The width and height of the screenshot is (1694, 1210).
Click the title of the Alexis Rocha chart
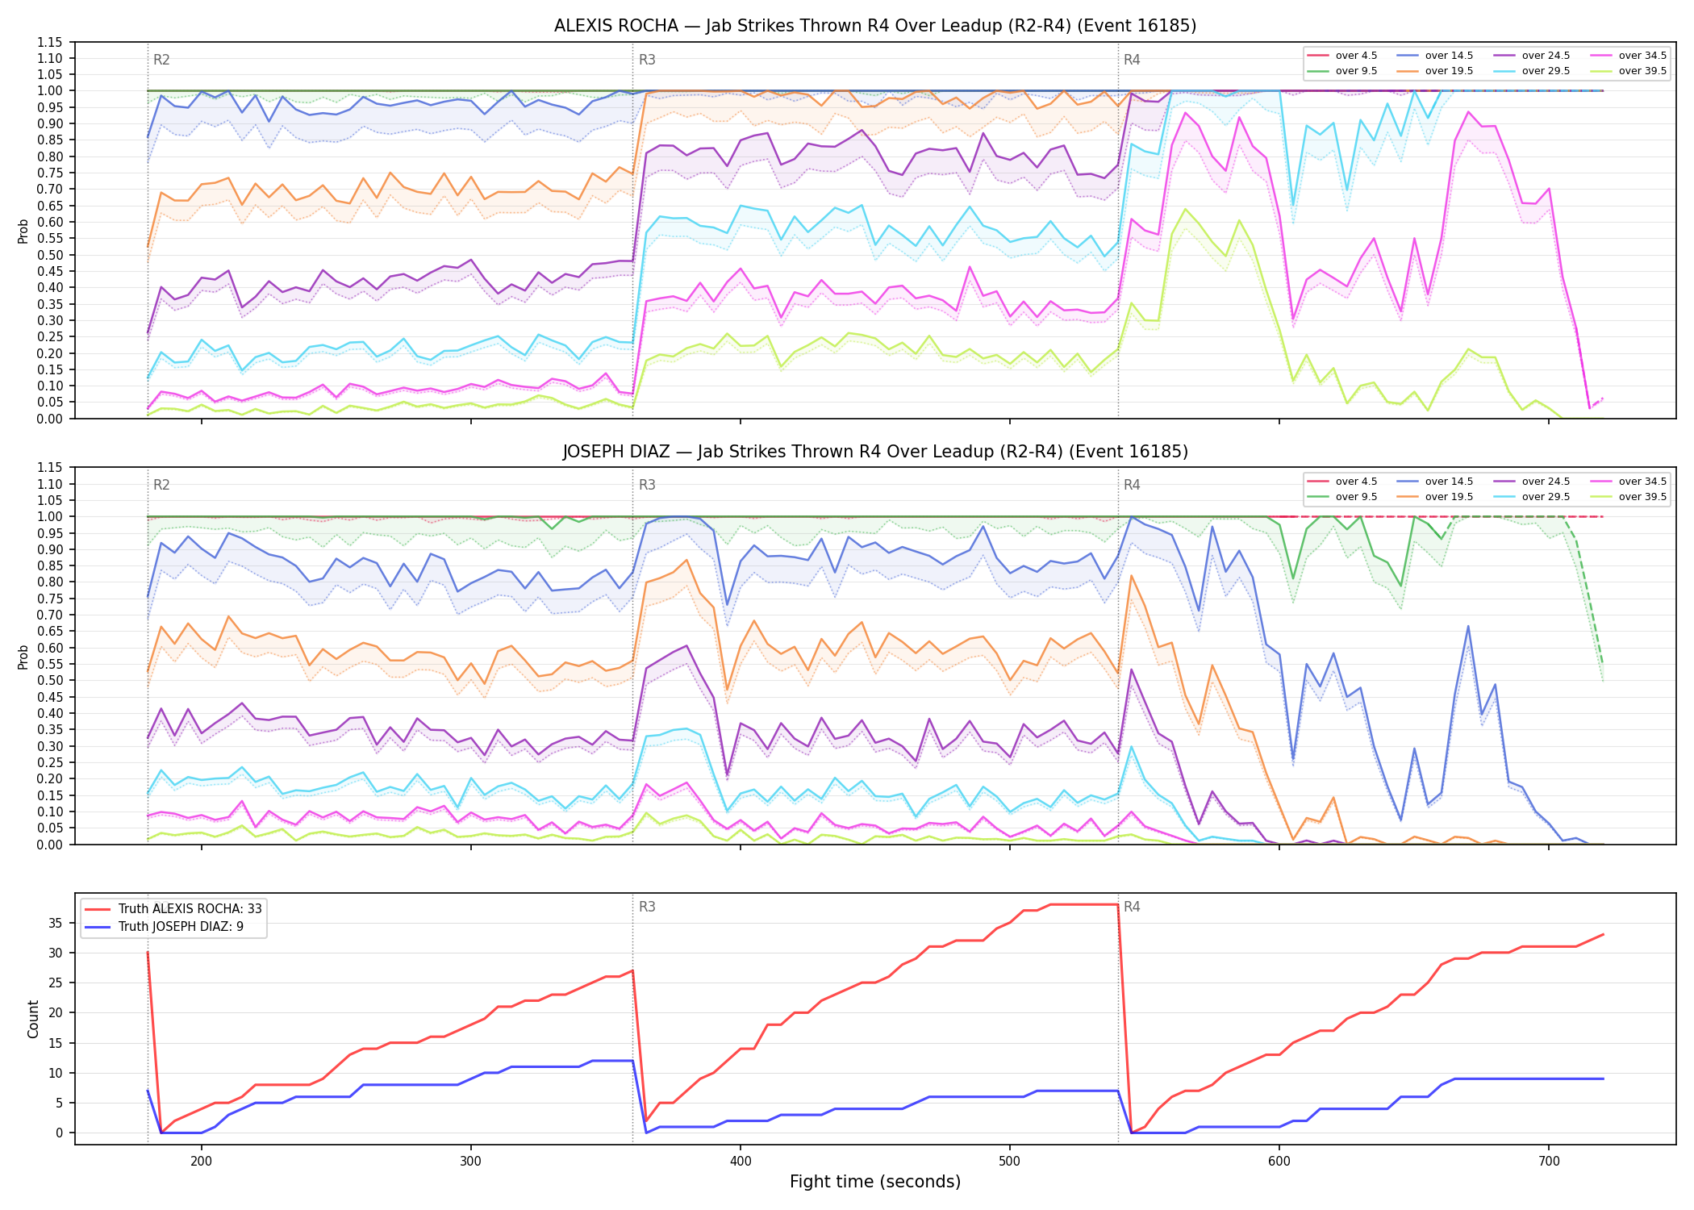pos(875,26)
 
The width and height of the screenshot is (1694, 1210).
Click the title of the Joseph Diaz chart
pos(875,452)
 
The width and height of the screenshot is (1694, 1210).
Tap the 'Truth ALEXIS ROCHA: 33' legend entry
pos(173,908)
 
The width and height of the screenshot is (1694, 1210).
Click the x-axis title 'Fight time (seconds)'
pos(875,1182)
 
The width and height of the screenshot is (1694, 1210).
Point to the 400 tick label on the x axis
pos(741,1161)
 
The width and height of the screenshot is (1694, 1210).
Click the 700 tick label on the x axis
pos(1549,1161)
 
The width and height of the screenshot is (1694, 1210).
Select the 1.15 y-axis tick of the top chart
pos(49,42)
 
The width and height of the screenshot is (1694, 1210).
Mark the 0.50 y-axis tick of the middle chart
pos(49,680)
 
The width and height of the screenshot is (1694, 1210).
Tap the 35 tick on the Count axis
pos(56,923)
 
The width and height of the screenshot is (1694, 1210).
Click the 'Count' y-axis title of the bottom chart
pos(33,1019)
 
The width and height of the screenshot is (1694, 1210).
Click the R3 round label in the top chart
pos(647,60)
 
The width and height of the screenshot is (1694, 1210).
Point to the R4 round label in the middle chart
pos(1132,485)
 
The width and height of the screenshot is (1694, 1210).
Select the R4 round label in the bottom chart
pos(1132,907)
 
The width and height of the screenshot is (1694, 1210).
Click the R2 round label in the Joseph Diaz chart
pos(161,485)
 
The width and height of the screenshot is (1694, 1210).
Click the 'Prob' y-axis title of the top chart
pos(23,231)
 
